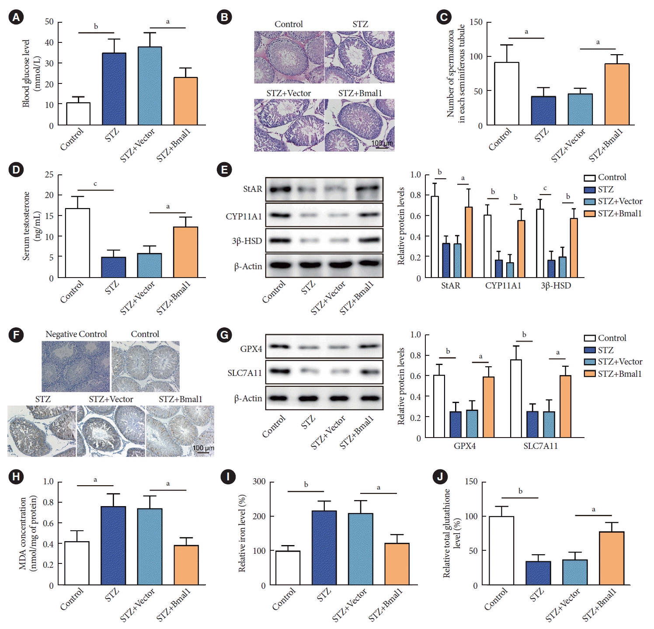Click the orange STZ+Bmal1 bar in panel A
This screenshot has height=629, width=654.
coord(185,101)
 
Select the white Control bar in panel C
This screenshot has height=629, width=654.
coord(506,94)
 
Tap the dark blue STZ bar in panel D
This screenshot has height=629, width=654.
coord(114,267)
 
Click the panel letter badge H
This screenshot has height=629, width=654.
coord(16,476)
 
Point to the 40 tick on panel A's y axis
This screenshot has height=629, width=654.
coord(49,42)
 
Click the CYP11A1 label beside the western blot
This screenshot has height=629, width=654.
coord(244,216)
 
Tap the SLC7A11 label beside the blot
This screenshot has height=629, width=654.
coord(244,373)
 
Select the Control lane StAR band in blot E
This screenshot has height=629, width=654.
coord(280,190)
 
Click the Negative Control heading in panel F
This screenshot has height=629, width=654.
coord(76,334)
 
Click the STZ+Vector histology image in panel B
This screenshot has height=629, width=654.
coord(289,125)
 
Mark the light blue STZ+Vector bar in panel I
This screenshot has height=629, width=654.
coord(360,549)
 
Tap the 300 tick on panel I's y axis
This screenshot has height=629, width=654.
coord(259,481)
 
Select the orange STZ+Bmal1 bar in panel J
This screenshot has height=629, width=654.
coord(611,558)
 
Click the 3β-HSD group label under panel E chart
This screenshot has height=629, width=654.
coord(556,285)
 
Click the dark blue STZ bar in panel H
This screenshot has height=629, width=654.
coord(113,546)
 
